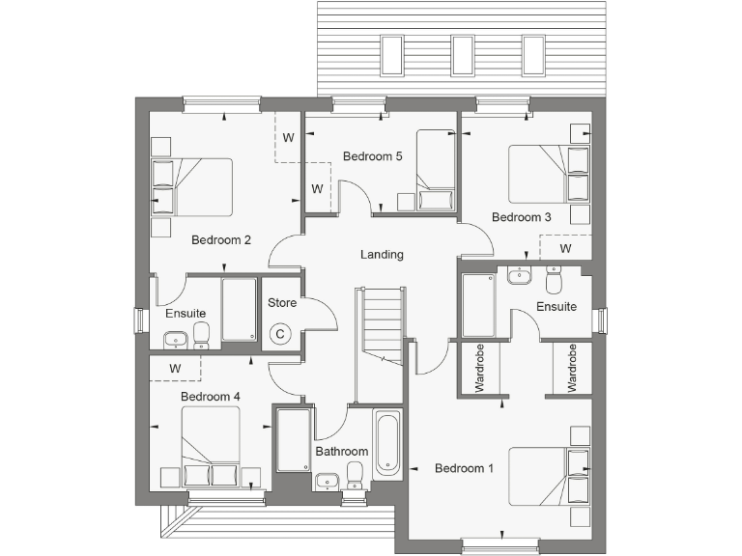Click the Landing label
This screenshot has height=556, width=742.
coord(382,255)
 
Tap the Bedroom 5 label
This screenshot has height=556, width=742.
coord(372,156)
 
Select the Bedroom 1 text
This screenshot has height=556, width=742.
coord(464,469)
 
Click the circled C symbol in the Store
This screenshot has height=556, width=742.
coord(280,334)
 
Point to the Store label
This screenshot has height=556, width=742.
coord(282,303)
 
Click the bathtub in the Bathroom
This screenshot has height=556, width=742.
coord(386,445)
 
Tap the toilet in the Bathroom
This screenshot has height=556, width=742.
coord(355,474)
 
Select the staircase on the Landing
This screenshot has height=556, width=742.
coord(381,324)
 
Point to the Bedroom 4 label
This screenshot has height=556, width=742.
coord(211,397)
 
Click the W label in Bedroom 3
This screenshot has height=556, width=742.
coord(565,248)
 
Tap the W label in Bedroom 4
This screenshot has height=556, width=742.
coord(176,368)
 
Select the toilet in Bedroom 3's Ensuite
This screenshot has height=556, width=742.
coord(555,280)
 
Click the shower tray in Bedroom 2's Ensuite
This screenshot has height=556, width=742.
coord(239,310)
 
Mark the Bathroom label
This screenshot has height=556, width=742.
coord(342,452)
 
